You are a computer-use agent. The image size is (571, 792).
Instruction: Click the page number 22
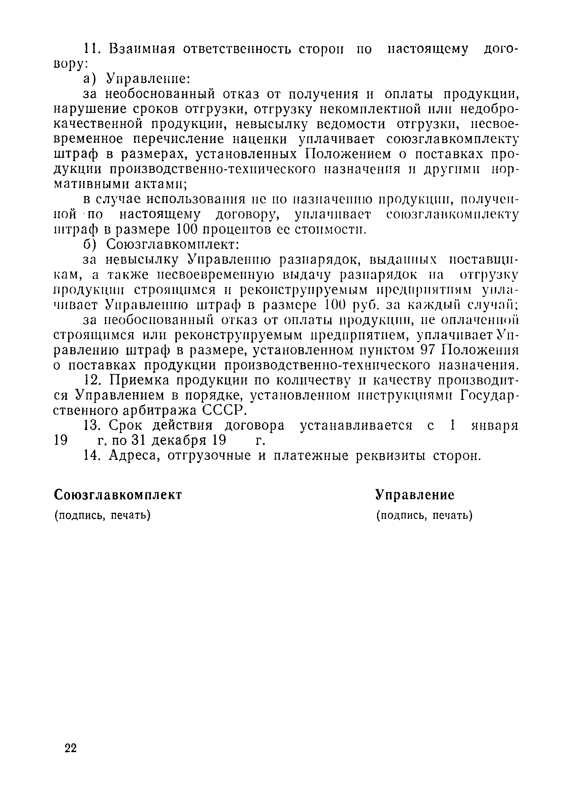click(70, 748)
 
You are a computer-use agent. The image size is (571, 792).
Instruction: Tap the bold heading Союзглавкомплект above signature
click(118, 495)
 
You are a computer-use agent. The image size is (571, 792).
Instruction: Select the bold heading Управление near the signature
click(415, 495)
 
